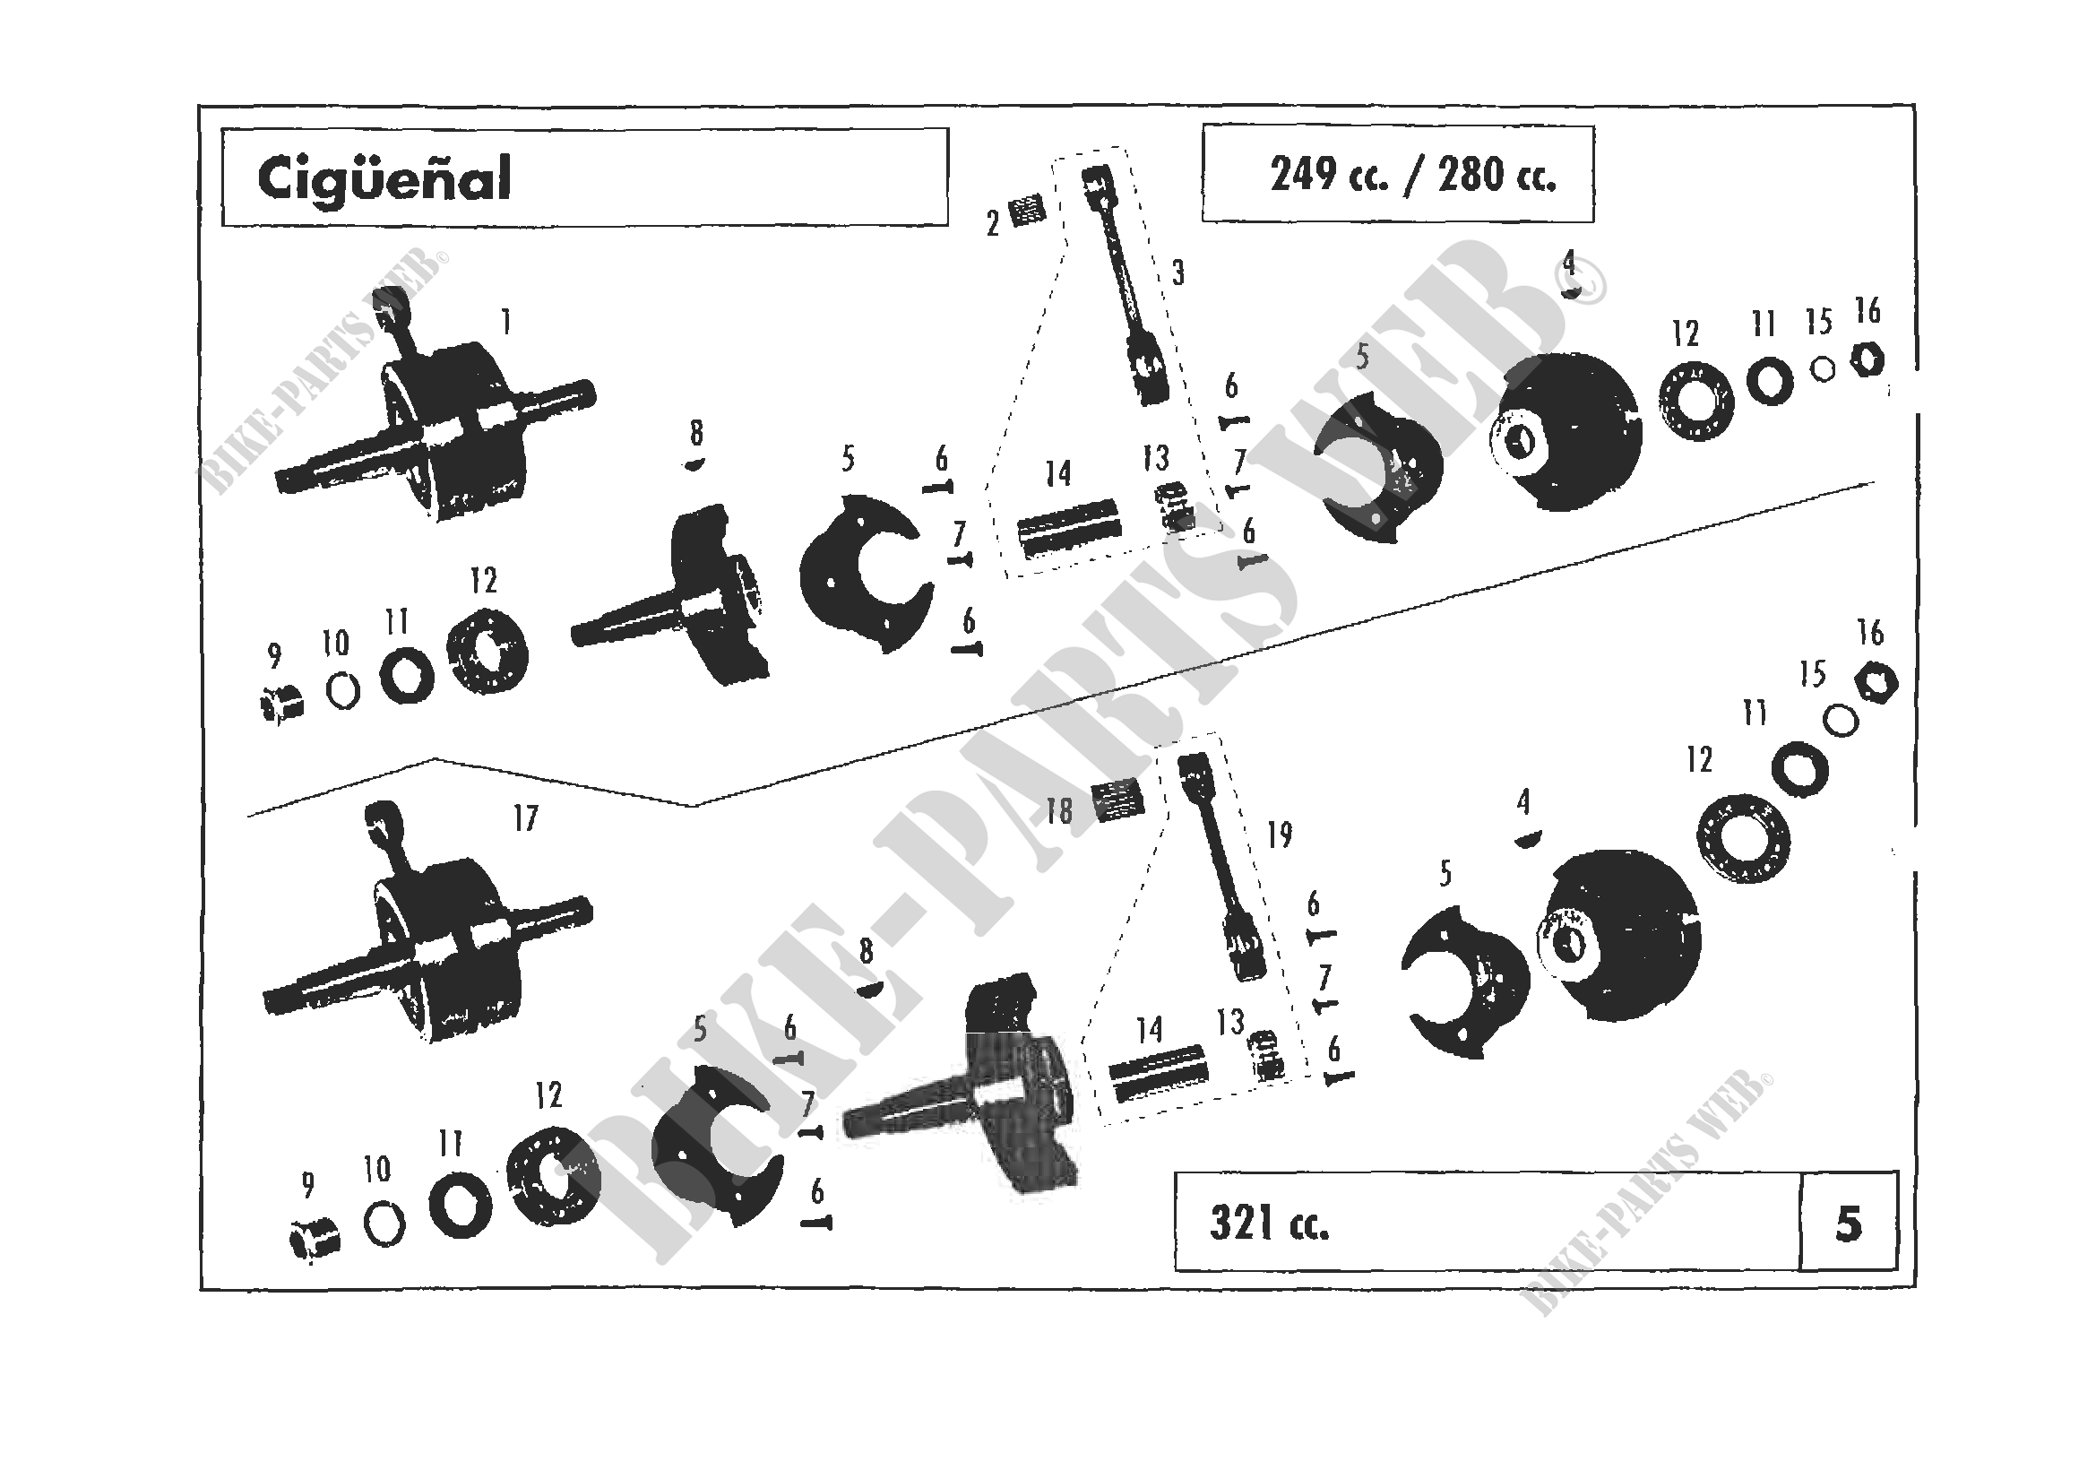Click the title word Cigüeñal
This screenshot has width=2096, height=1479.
384,179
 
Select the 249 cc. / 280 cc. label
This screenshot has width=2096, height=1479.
1412,174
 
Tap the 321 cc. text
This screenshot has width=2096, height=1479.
1269,1224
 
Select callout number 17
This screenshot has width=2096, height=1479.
525,818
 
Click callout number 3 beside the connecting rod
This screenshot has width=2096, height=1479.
1177,272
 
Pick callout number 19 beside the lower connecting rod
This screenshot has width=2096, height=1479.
1279,834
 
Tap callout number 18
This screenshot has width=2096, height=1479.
1059,810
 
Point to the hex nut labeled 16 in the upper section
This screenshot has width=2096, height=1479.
1867,361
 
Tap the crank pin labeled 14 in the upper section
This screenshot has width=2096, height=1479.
1068,528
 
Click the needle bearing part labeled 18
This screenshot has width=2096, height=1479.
1118,799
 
